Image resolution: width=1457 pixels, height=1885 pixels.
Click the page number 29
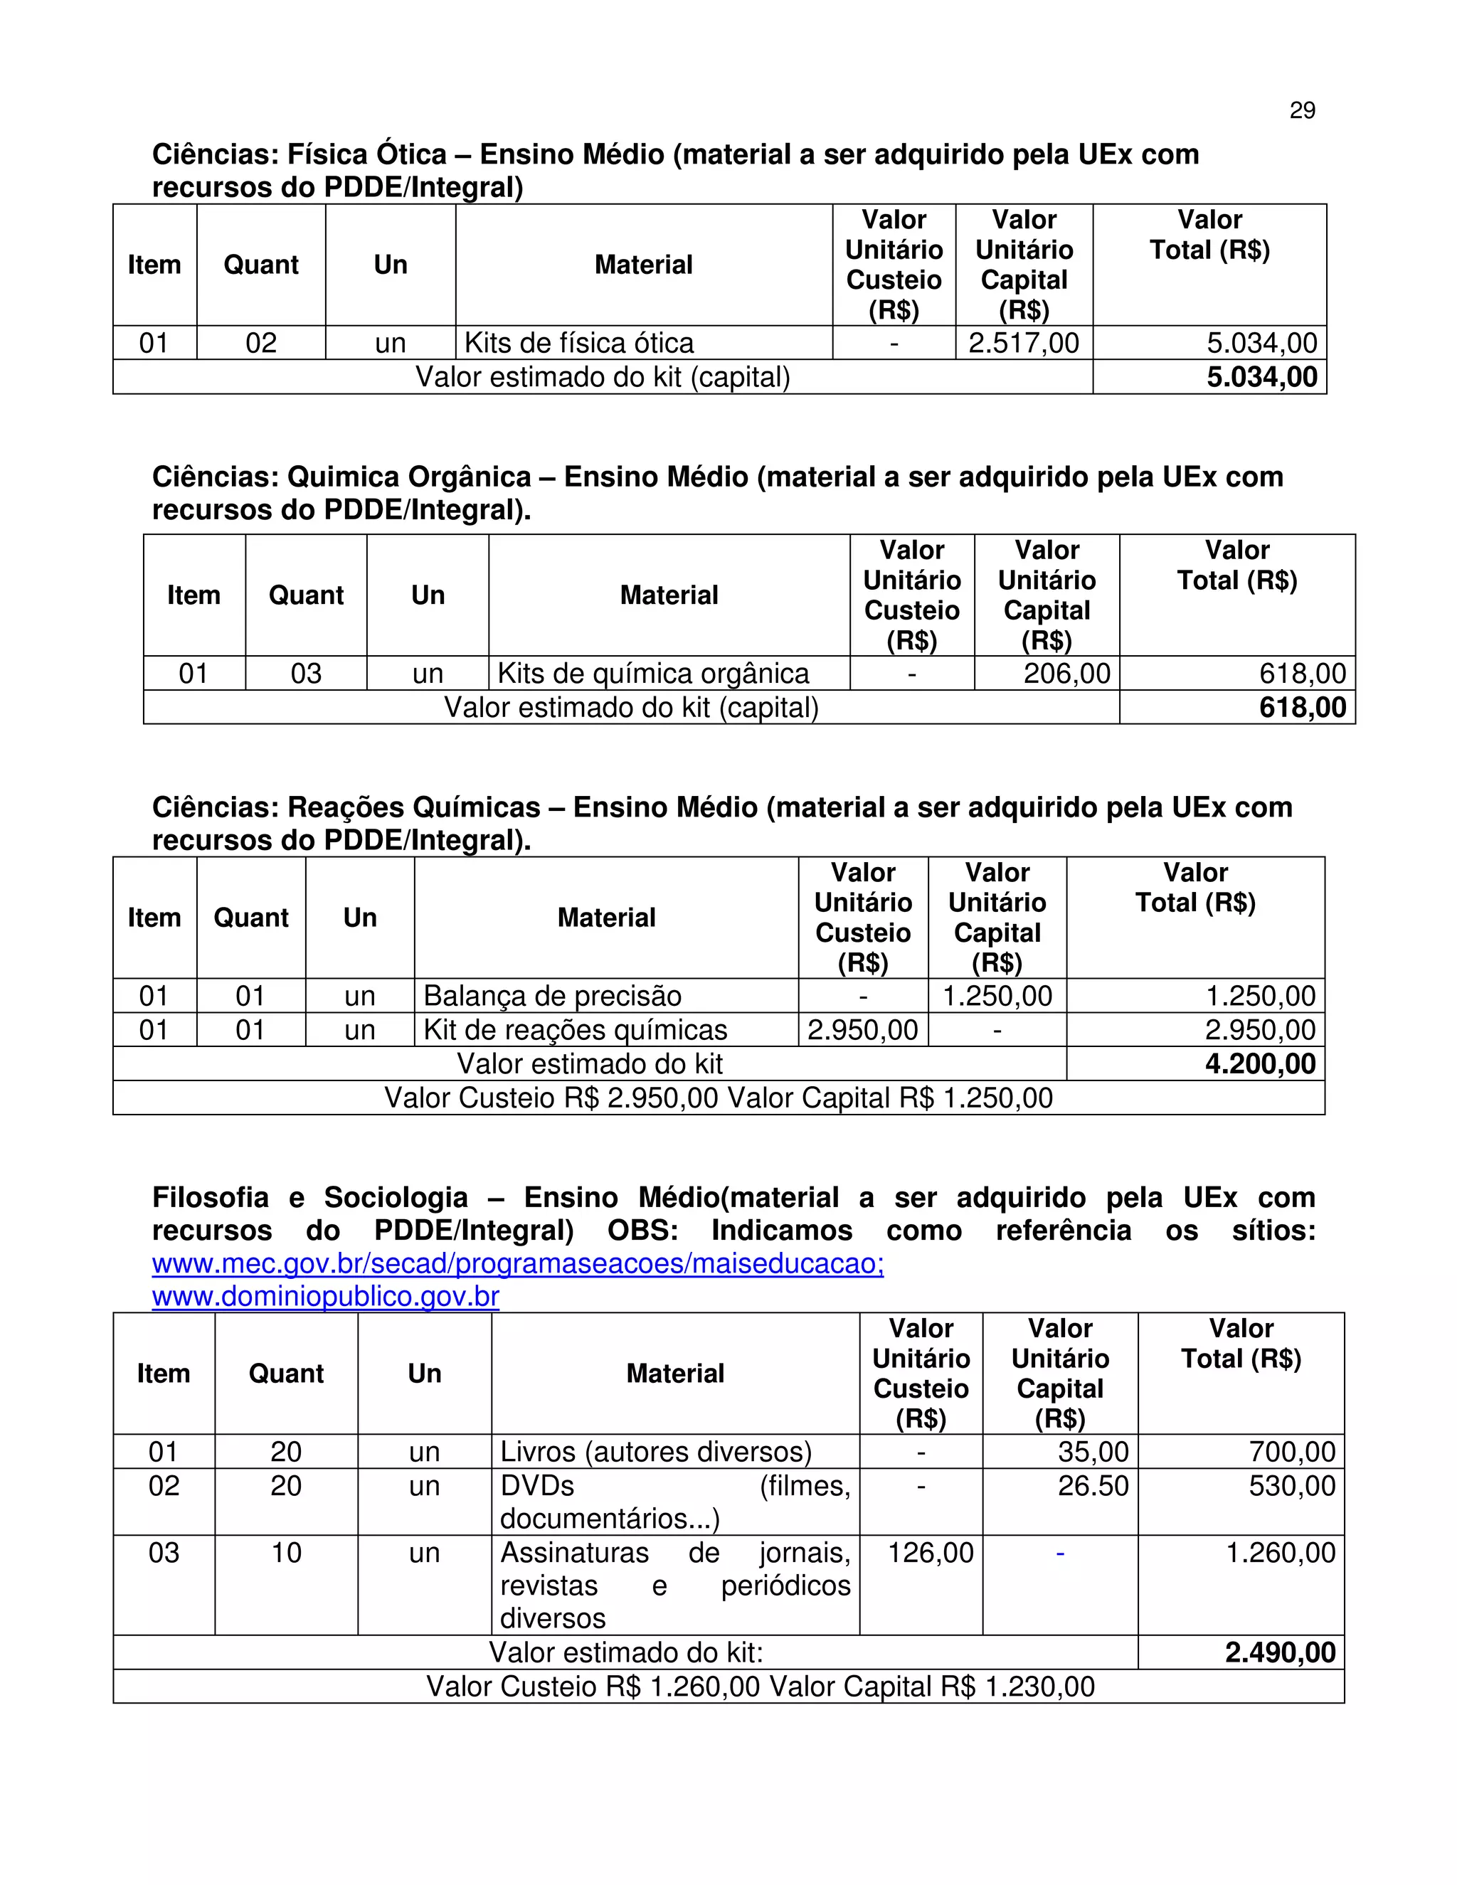1302,110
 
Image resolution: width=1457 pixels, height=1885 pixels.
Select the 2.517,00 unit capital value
1024,344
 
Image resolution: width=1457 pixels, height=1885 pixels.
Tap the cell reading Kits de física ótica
579,344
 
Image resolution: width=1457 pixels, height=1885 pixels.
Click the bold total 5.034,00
1261,377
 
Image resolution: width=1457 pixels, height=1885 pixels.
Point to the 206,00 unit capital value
1067,673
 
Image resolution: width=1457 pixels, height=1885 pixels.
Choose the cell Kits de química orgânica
653,673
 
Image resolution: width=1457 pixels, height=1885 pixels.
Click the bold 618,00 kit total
1302,708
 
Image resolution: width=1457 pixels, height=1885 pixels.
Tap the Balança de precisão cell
552,996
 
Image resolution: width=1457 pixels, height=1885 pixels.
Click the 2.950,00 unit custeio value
862,1030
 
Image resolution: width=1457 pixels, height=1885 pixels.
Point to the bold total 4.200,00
1259,1064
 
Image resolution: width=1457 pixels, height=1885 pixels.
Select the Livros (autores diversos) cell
656,1452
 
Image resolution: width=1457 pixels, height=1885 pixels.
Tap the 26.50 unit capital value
1093,1485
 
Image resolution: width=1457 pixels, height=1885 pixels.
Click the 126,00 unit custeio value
931,1553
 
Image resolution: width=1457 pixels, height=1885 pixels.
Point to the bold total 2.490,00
1279,1653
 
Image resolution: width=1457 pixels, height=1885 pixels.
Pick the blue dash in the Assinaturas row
1060,1554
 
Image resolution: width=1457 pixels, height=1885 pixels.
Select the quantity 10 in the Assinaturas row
286,1553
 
